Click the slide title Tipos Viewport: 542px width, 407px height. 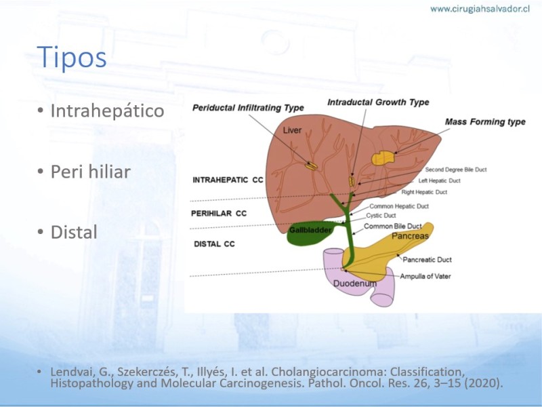tap(72, 57)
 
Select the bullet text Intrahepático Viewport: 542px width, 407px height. tap(107, 111)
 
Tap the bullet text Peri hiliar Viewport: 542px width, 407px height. tap(91, 172)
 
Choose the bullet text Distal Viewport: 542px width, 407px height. tap(74, 232)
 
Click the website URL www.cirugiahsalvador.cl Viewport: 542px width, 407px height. tap(480, 9)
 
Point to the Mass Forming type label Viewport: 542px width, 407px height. tap(485, 122)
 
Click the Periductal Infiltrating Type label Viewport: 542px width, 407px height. tap(248, 108)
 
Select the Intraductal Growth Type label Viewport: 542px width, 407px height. tap(378, 102)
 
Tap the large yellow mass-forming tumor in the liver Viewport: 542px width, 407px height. tap(383, 159)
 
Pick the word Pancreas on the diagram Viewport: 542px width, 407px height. tap(410, 236)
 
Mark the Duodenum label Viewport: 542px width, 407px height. tap(354, 284)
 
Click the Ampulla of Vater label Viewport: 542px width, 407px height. tap(425, 276)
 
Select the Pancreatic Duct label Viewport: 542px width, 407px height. tap(427, 260)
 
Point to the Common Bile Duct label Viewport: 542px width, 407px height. tap(393, 227)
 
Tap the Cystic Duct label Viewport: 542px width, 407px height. tap(381, 216)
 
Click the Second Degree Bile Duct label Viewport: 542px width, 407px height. tap(455, 170)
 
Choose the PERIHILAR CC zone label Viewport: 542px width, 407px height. tap(219, 214)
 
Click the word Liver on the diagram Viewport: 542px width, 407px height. tap(292, 130)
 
